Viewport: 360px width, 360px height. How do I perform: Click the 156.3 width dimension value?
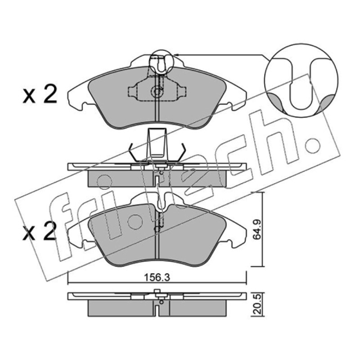(157, 278)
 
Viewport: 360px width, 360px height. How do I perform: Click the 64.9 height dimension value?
(256, 229)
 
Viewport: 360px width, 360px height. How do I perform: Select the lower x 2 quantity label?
(40, 231)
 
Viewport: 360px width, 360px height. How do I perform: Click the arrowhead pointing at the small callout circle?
(176, 55)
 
